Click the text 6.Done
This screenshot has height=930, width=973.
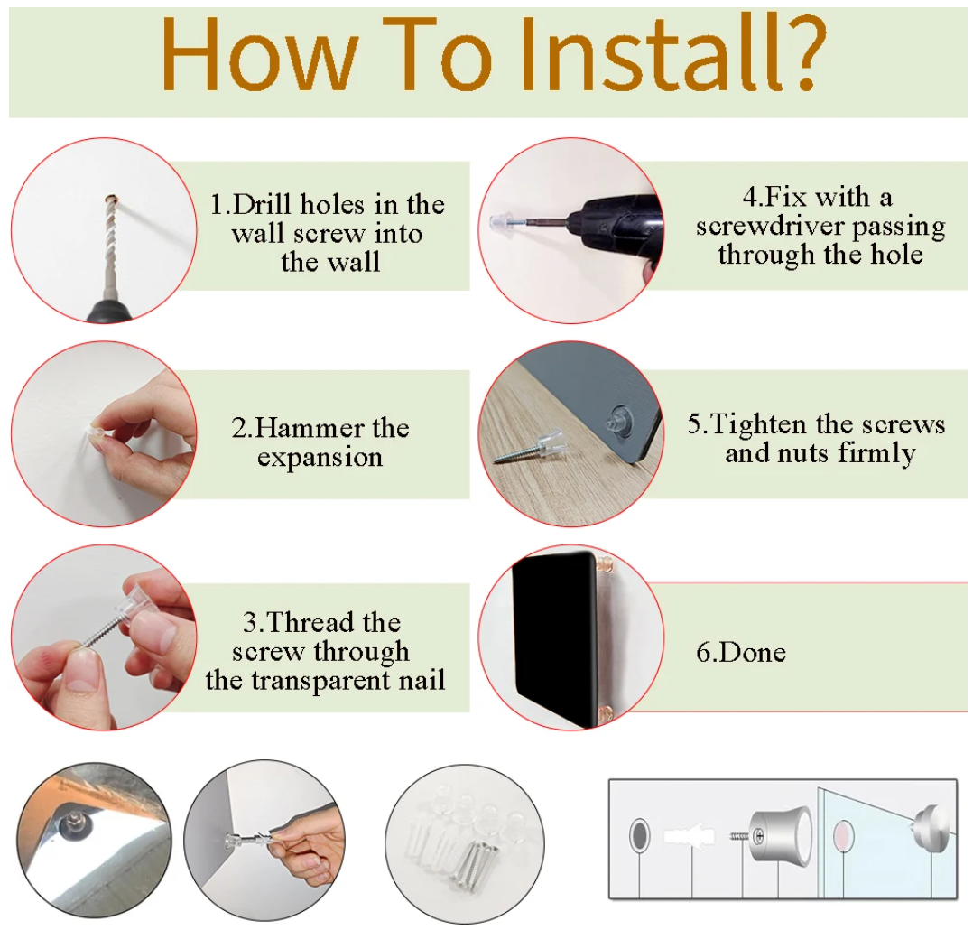tap(741, 652)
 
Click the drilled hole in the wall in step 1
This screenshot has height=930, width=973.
tap(112, 200)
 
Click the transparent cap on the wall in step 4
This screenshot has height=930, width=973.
tap(498, 220)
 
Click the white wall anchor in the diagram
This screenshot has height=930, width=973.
tap(689, 835)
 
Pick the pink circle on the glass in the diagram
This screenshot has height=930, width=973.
tap(844, 835)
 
